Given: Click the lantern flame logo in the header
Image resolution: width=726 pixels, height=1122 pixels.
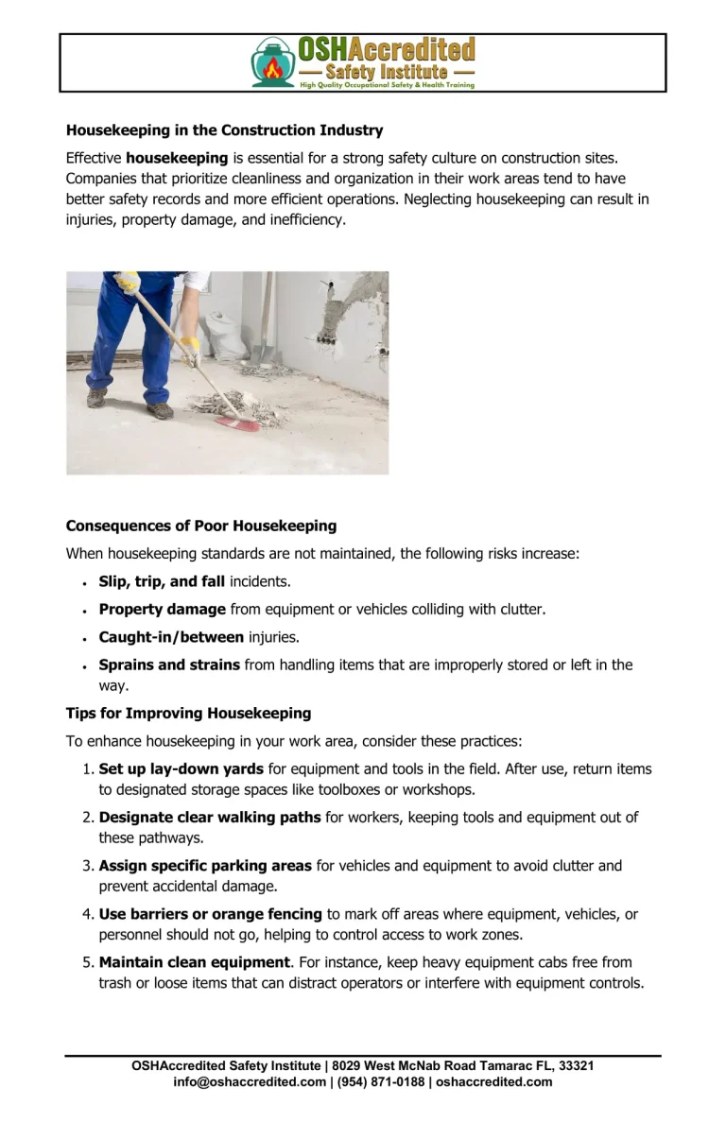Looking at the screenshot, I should [x=272, y=62].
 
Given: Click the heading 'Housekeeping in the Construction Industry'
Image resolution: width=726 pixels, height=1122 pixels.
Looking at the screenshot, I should [x=224, y=130].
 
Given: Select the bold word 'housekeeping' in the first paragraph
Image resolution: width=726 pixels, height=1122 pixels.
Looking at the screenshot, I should [x=177, y=158].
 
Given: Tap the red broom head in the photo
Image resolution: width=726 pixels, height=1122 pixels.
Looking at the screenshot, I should [x=237, y=423].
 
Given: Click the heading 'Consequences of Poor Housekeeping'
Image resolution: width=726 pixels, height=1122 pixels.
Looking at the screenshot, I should [x=200, y=526].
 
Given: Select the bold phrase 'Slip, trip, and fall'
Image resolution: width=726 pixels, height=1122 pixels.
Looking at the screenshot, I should [x=162, y=581].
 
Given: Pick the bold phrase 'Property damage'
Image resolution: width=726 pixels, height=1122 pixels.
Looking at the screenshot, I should [x=163, y=610].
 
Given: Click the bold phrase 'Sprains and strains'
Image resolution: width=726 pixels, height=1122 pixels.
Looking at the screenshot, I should [x=169, y=665].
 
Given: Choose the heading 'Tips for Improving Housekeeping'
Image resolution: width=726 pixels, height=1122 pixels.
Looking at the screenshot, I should [x=188, y=713].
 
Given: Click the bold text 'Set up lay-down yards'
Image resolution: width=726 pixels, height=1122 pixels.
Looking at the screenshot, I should [x=181, y=768].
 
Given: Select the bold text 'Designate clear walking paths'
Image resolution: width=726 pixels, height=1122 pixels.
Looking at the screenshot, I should [x=210, y=817].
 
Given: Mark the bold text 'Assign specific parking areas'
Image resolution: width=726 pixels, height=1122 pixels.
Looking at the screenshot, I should [x=205, y=865].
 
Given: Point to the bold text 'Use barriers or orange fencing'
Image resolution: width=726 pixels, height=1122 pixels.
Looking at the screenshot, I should [x=211, y=914].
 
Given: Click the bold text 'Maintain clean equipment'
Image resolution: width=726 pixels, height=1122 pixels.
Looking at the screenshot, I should [x=194, y=962].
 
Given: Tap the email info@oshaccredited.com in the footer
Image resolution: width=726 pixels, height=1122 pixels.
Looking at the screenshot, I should [x=250, y=1081].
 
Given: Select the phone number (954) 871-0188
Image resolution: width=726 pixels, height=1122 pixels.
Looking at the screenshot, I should [x=379, y=1081].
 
